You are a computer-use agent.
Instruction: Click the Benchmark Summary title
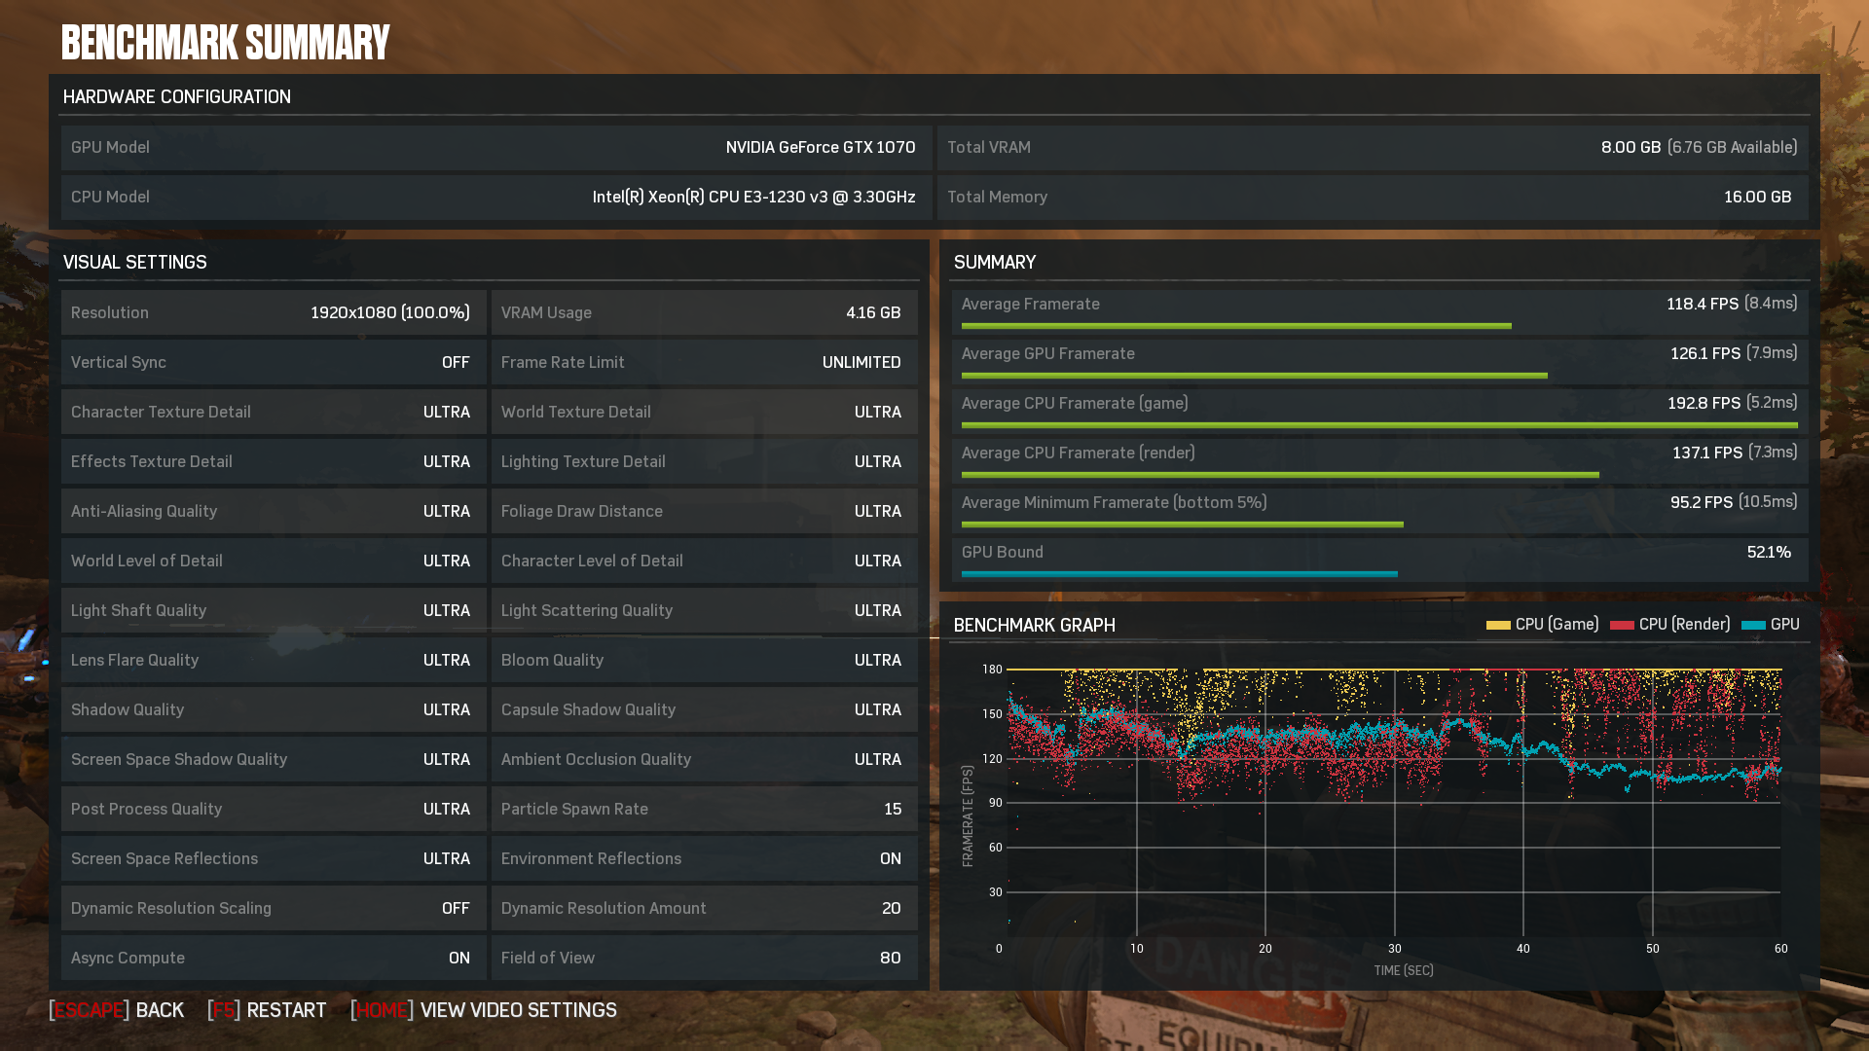click(225, 43)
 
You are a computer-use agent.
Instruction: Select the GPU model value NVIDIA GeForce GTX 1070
click(820, 147)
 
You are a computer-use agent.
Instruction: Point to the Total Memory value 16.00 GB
click(1757, 197)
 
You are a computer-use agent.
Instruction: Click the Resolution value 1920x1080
click(353, 312)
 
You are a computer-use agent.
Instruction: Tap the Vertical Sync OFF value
click(456, 362)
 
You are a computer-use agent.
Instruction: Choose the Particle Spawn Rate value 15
click(893, 809)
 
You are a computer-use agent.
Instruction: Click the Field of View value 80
click(890, 958)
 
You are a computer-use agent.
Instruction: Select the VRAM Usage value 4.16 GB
click(873, 312)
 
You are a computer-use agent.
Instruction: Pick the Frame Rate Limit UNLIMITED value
click(861, 362)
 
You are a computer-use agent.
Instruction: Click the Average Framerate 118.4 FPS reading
click(1703, 304)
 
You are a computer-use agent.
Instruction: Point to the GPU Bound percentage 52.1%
click(1769, 552)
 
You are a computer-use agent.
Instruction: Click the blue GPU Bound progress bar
click(1179, 574)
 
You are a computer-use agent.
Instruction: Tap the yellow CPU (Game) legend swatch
click(1498, 625)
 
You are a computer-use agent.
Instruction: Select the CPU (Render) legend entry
click(1669, 624)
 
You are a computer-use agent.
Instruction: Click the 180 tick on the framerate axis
click(992, 670)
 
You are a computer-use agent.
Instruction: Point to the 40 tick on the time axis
click(1522, 948)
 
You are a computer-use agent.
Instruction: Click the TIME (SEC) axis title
click(1403, 970)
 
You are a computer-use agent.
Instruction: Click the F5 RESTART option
click(267, 1010)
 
